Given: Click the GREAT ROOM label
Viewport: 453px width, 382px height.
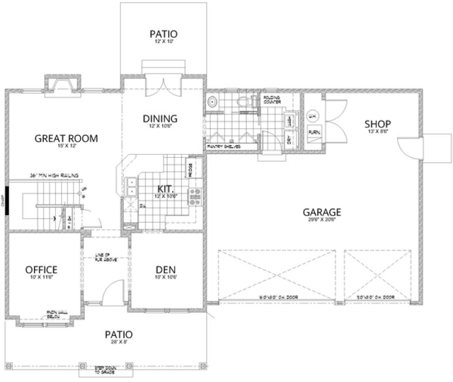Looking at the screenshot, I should pyautogui.click(x=66, y=138).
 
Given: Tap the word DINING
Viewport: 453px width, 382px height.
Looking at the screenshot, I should pyautogui.click(x=159, y=119).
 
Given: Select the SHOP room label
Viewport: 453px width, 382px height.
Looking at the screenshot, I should pyautogui.click(x=378, y=124).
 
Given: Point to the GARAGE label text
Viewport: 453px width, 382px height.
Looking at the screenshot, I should pyautogui.click(x=322, y=211).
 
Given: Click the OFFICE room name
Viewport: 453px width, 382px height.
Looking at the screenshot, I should pyautogui.click(x=41, y=269).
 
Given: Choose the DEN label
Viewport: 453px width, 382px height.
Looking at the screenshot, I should pyautogui.click(x=165, y=269).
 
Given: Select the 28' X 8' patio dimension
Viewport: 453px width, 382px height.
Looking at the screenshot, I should pyautogui.click(x=119, y=342).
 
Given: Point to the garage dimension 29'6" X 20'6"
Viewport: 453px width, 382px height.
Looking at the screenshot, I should pyautogui.click(x=322, y=219).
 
